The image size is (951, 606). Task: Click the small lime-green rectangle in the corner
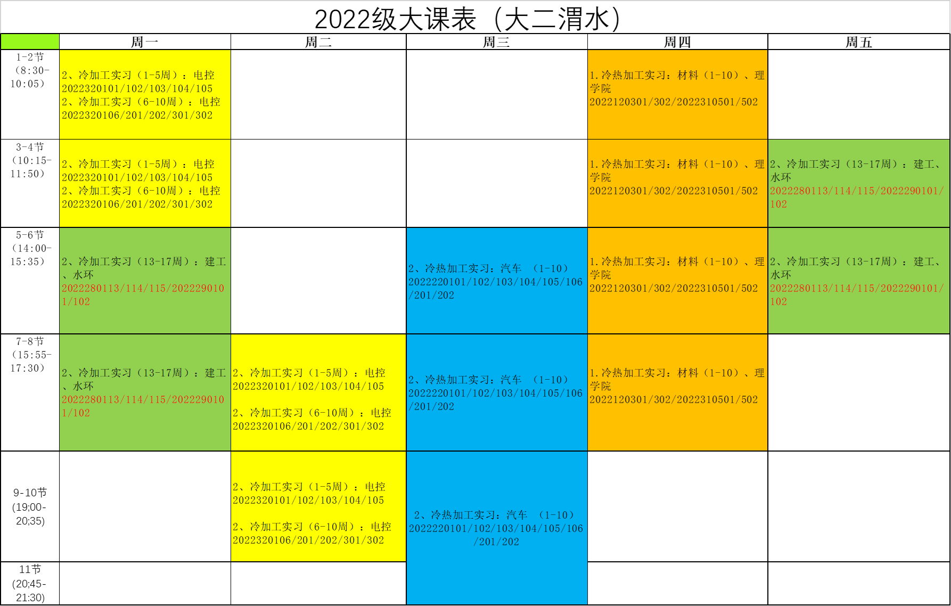click(x=30, y=42)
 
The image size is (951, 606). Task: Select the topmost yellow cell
click(x=145, y=94)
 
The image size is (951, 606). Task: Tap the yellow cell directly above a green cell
click(x=145, y=183)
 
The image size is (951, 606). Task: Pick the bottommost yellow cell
click(x=318, y=506)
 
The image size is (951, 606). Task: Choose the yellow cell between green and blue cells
click(x=318, y=392)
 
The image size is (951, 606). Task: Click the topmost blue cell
click(x=497, y=281)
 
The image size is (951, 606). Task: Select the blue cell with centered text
click(x=497, y=528)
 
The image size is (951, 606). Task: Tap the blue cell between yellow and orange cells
click(x=497, y=392)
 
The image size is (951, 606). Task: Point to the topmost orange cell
click(x=677, y=94)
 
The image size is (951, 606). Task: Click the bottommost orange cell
click(x=677, y=392)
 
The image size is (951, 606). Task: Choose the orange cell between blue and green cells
click(x=677, y=281)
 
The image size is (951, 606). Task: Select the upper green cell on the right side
click(x=858, y=183)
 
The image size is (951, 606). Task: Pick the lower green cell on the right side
click(x=858, y=281)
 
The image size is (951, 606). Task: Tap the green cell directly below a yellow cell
click(x=145, y=281)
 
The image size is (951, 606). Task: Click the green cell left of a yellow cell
click(x=145, y=392)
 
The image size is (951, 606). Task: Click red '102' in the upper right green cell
click(x=778, y=204)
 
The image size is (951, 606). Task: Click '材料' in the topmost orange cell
click(x=687, y=76)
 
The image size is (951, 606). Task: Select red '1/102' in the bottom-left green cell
click(x=76, y=413)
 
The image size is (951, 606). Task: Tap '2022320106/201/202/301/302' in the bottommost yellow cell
click(x=308, y=541)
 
